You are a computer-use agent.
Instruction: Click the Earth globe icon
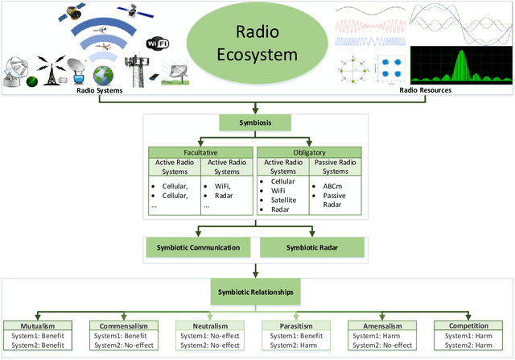[x=104, y=76]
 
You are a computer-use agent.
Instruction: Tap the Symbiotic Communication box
[x=199, y=248]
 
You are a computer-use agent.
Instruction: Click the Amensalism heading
[x=378, y=326]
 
